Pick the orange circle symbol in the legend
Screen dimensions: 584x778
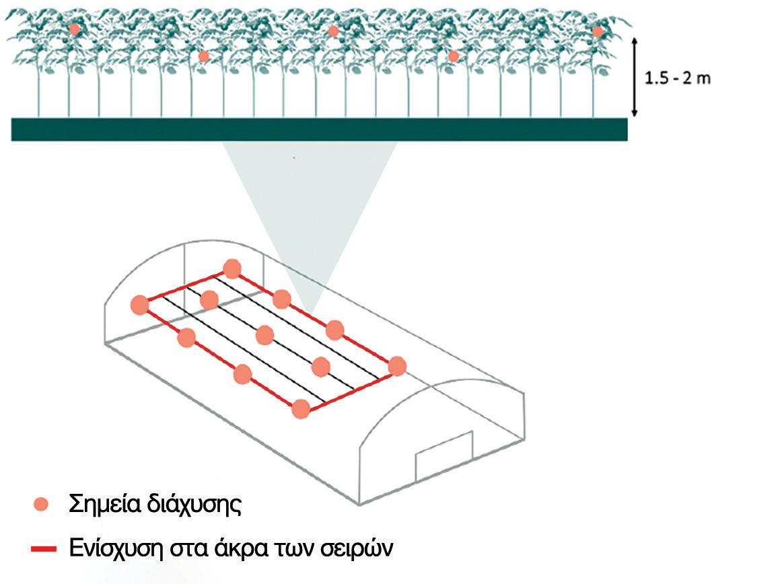pyautogui.click(x=42, y=504)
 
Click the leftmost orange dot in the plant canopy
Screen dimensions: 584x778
pyautogui.click(x=75, y=29)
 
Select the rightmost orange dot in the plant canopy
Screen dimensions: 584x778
pyautogui.click(x=598, y=32)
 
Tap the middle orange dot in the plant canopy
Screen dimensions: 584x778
pyautogui.click(x=333, y=31)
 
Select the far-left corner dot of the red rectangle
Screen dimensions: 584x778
pyautogui.click(x=139, y=305)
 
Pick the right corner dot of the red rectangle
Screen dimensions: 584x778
pyautogui.click(x=397, y=366)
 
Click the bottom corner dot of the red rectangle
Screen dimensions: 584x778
pyautogui.click(x=301, y=408)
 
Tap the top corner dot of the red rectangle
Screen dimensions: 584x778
pyautogui.click(x=232, y=269)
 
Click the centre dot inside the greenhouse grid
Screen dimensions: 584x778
pyautogui.click(x=265, y=335)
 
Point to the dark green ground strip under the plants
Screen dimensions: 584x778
pyautogui.click(x=319, y=129)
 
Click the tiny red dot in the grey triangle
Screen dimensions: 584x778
pyautogui.click(x=294, y=157)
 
